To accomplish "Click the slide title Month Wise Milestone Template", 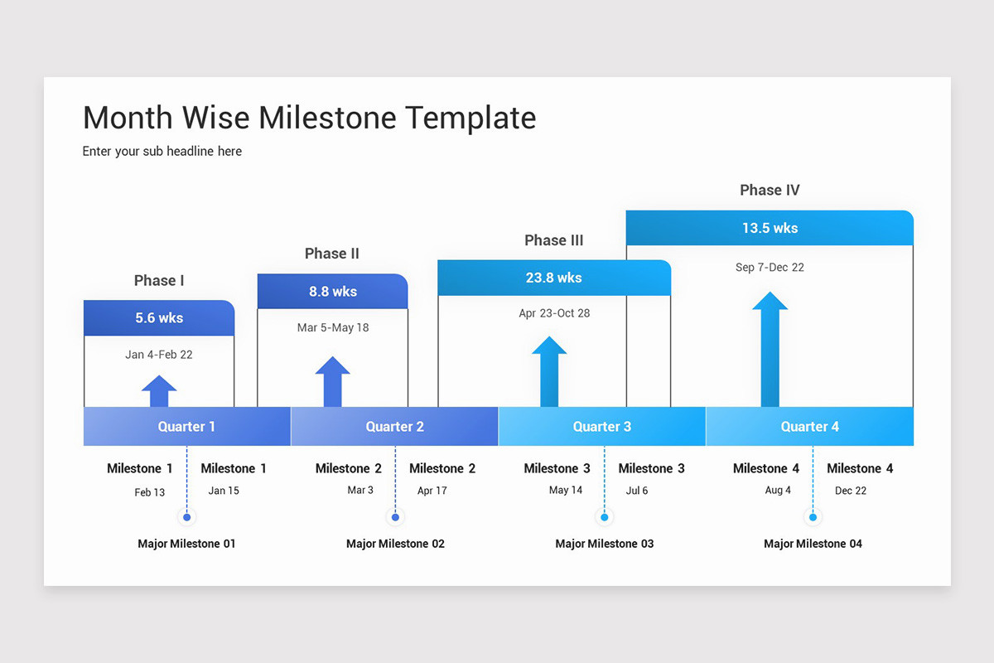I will click(x=309, y=118).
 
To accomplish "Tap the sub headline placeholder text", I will click(x=162, y=151).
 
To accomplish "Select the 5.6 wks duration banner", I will click(x=159, y=318).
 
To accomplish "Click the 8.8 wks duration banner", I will click(x=332, y=291).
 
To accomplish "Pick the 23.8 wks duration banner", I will click(x=553, y=278).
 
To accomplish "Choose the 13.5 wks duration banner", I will click(x=770, y=228).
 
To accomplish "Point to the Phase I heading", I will click(x=159, y=281).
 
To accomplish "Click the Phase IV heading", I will click(x=770, y=191).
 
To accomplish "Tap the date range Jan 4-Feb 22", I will click(x=159, y=355).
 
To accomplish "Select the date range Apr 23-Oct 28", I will click(x=553, y=313).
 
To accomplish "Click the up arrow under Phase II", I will click(x=332, y=382).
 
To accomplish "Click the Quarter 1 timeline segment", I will click(x=187, y=426).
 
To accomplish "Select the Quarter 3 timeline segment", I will click(x=602, y=426).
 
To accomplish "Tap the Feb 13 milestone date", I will click(x=150, y=492).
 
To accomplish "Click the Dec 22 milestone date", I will click(x=851, y=491).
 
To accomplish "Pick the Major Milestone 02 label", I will click(x=395, y=544).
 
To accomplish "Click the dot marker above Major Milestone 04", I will click(x=813, y=517).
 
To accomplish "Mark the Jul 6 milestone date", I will click(x=637, y=491).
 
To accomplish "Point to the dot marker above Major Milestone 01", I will click(x=187, y=517).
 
